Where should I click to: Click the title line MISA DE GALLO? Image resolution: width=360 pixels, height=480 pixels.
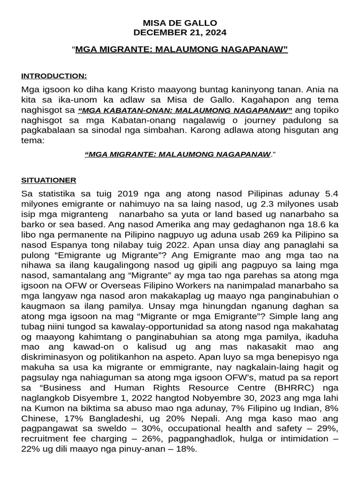tap(180, 23)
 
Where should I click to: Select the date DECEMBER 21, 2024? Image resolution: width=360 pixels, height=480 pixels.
tap(180, 32)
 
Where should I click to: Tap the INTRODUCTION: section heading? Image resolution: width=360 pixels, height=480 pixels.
tap(54, 76)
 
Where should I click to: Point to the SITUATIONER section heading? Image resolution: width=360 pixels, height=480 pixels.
tap(49, 180)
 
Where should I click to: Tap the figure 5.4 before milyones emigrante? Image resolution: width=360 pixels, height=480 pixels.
tap(330, 193)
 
